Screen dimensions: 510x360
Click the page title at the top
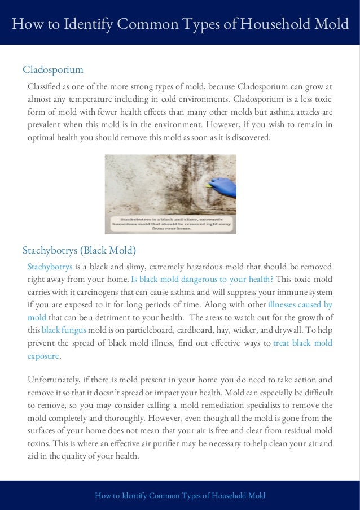click(180, 24)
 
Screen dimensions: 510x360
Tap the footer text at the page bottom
click(180, 495)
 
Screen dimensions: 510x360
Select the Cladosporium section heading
click(53, 69)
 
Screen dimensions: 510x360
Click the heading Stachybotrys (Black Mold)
click(79, 250)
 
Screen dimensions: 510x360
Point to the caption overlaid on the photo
click(170, 223)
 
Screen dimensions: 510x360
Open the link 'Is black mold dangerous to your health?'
click(202, 280)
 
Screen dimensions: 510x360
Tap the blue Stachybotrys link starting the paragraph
click(50, 267)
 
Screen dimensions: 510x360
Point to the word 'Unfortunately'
click(55, 379)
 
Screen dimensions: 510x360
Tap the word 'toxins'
click(39, 443)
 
